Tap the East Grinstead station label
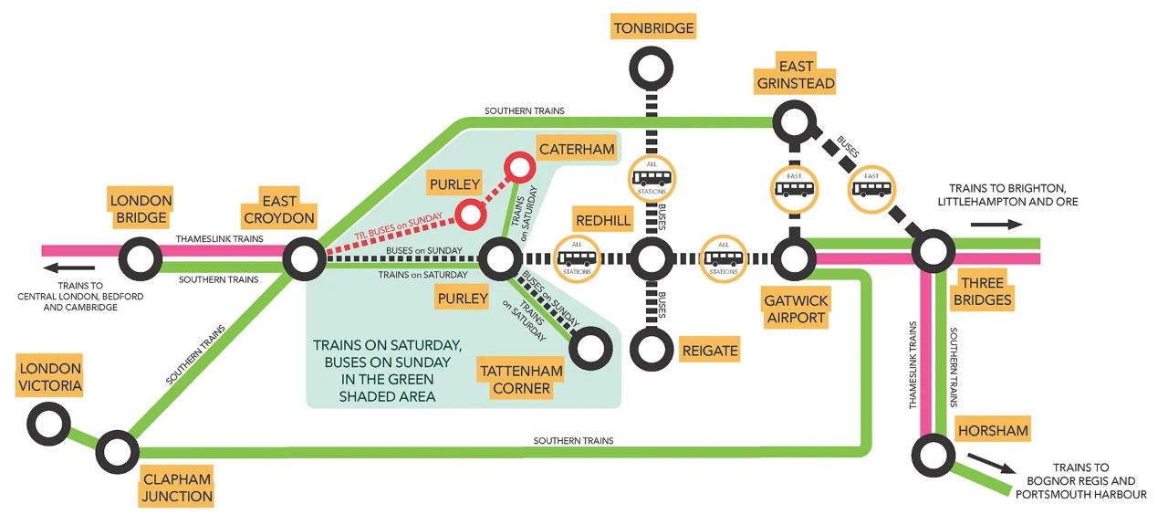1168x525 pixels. pos(794,75)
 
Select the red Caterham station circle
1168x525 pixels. pos(521,167)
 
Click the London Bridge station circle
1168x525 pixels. pos(141,258)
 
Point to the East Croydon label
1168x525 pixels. pos(279,207)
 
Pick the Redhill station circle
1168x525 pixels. pos(652,258)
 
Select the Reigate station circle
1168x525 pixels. pos(652,347)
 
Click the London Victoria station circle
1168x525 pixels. pos(49,424)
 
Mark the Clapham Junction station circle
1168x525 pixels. pos(117,450)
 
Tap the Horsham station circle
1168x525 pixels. pos(933,453)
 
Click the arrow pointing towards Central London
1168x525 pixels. pos(69,268)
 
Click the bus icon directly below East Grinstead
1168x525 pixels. pos(793,187)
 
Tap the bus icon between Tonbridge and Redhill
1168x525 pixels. pos(652,176)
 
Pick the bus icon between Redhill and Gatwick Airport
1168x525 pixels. pos(724,258)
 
